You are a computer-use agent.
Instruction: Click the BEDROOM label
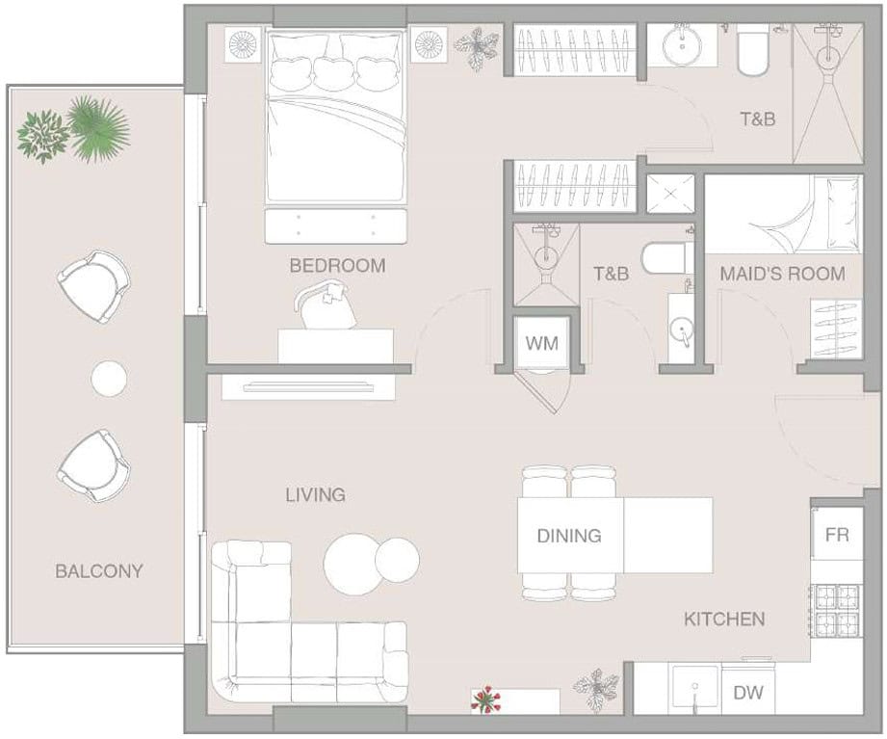337,265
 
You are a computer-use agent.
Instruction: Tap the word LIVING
315,495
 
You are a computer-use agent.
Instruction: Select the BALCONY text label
98,571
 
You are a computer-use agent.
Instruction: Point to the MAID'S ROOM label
782,274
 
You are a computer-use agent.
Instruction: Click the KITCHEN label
724,619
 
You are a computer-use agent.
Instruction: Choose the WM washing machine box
541,343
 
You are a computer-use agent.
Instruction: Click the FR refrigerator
837,535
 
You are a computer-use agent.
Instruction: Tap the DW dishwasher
748,692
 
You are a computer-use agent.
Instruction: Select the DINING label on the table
569,536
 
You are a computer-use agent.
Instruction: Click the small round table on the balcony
109,379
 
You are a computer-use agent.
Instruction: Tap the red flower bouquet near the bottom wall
485,700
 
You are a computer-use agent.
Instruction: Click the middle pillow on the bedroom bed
334,70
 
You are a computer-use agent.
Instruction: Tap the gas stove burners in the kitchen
837,611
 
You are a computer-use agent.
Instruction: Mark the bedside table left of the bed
244,44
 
